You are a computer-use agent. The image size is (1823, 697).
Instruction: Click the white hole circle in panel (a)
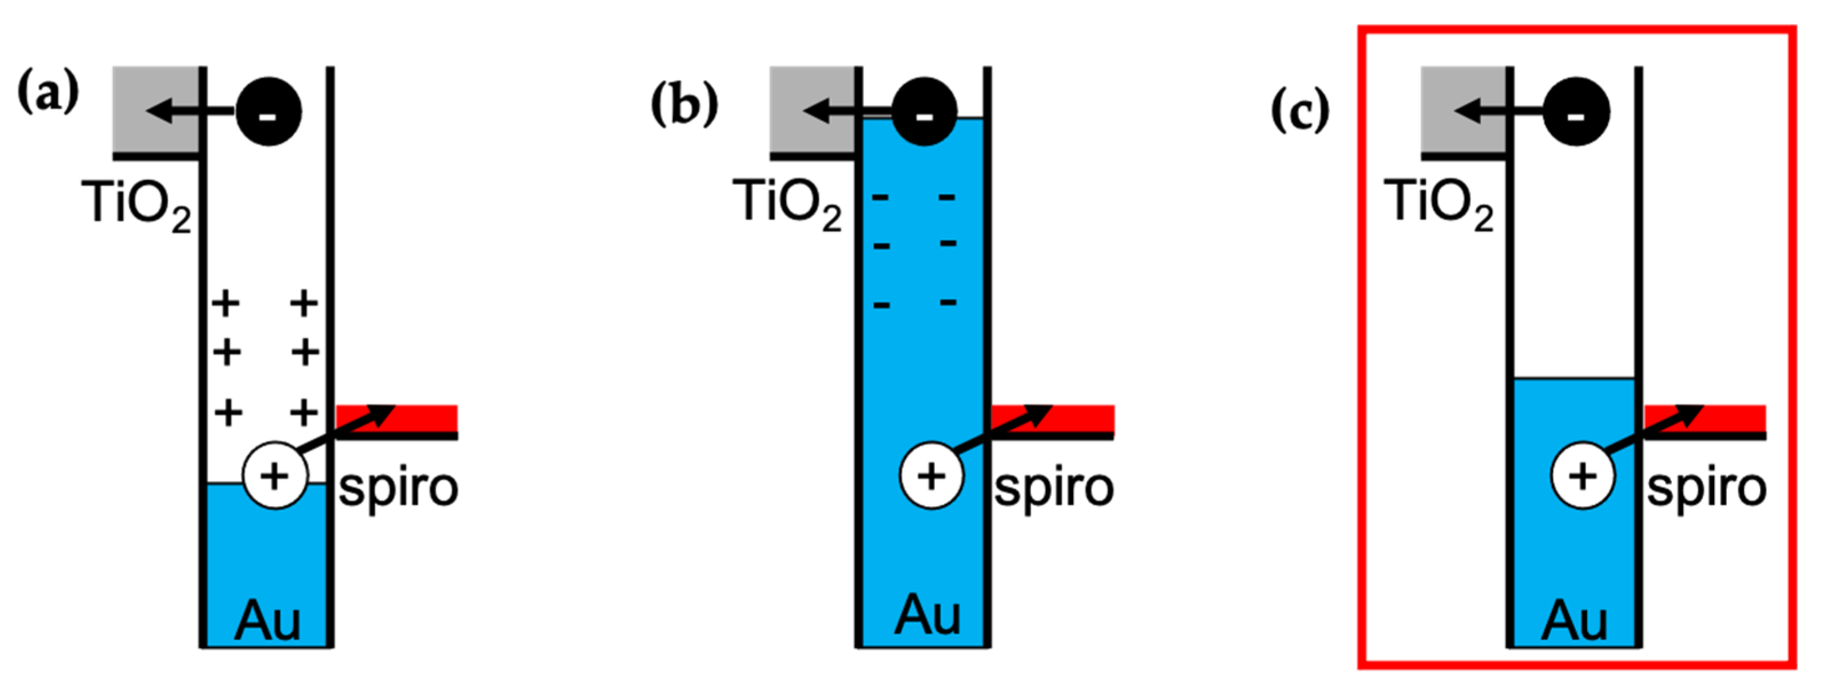[x=275, y=476]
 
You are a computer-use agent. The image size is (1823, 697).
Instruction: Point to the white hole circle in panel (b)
[x=932, y=476]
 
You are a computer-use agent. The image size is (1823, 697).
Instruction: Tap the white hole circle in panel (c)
[x=1583, y=476]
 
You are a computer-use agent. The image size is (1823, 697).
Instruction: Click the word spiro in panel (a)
[x=398, y=488]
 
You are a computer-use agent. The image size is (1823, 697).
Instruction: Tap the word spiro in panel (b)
[x=1054, y=488]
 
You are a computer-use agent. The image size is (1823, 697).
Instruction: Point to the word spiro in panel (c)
[x=1706, y=488]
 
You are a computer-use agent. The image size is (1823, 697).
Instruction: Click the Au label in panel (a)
[x=268, y=620]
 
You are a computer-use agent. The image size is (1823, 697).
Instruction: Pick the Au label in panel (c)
[x=1575, y=620]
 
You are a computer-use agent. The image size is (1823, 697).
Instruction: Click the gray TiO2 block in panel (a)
[x=155, y=110]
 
